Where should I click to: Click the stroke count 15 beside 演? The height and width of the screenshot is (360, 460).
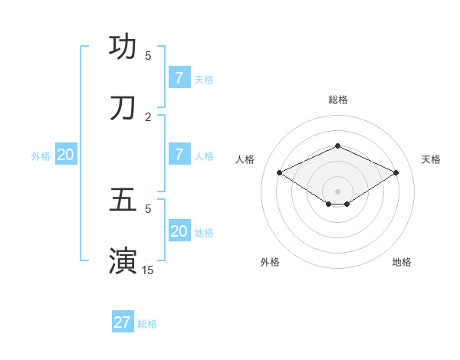pos(148,270)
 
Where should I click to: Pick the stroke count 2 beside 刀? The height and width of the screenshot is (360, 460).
pos(148,116)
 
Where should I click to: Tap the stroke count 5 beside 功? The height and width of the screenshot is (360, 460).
pos(148,55)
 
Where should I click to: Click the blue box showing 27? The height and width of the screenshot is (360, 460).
pos(123,322)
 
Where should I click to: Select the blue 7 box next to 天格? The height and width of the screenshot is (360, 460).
pos(179,77)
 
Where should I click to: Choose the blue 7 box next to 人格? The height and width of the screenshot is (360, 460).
pos(179,154)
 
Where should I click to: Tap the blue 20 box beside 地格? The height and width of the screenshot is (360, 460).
pos(179,231)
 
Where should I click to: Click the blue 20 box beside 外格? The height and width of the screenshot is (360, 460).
pos(66,154)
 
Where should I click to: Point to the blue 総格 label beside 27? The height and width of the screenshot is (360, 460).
pos(147,324)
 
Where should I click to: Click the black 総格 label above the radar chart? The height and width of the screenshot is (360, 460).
pos(337,100)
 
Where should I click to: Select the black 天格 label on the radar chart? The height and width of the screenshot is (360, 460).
pos(431,159)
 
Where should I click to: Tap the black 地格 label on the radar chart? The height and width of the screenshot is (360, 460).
pos(402,262)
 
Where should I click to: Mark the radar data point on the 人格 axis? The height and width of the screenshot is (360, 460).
pos(280,173)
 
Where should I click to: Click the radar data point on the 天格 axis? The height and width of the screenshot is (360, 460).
pos(396,173)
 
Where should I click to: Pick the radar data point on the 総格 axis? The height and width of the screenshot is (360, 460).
pos(337,146)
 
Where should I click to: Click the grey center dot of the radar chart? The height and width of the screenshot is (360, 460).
pos(337,191)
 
